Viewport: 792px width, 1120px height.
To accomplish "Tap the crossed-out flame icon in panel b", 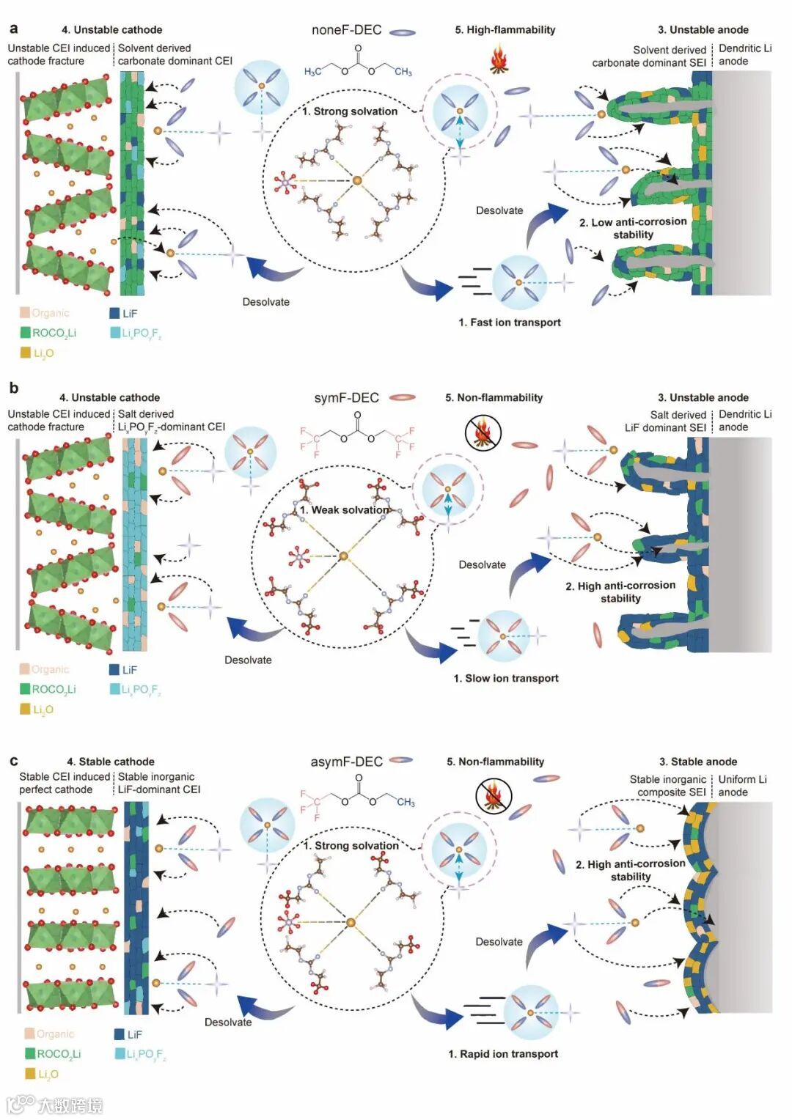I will [x=483, y=432].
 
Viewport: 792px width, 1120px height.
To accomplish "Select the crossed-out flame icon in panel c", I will [x=493, y=797].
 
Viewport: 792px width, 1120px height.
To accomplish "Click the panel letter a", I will [x=13, y=29].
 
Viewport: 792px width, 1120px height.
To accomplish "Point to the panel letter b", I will [x=13, y=388].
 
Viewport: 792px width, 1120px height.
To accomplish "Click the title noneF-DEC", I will [x=346, y=30].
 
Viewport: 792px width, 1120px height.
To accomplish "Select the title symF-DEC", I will [x=346, y=398].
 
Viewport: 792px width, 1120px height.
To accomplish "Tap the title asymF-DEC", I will [x=346, y=762].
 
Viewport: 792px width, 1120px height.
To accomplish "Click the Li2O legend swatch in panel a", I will [x=25, y=353].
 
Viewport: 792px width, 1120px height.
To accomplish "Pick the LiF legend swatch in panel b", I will [x=114, y=670].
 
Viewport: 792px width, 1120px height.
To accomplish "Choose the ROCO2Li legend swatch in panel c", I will [x=30, y=1053].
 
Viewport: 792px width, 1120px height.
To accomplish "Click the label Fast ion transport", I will [x=510, y=323].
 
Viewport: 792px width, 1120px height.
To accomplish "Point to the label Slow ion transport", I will [x=506, y=679].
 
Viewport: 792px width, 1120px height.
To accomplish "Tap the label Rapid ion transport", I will [x=503, y=1054].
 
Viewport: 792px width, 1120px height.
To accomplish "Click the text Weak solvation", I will [x=344, y=510].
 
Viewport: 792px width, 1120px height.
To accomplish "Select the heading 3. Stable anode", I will [x=698, y=762].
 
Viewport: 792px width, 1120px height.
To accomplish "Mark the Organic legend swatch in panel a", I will [x=25, y=313].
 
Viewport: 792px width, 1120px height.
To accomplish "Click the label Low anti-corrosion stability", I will [x=633, y=228].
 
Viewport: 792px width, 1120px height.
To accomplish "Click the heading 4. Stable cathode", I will [x=111, y=762].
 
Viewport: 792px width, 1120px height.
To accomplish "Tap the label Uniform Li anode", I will [x=742, y=785].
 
